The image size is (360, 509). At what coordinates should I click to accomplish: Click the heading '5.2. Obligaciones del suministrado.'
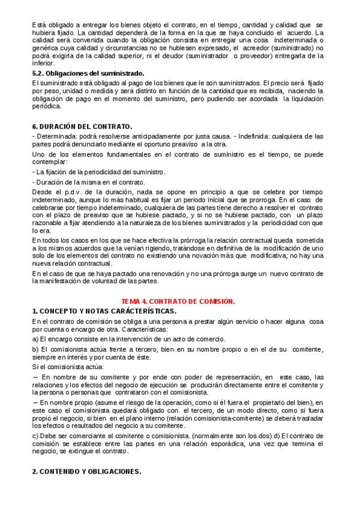tap(88, 73)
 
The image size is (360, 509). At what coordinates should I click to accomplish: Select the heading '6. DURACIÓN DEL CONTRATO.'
tap(82, 127)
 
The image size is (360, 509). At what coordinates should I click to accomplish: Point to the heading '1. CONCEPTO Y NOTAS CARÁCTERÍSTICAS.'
tap(104, 311)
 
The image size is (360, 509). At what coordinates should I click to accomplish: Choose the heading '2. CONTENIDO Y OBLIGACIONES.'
tap(86, 471)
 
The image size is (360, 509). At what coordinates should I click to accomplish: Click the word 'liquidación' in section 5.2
tap(305, 98)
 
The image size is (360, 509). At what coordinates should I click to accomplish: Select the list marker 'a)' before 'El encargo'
tap(36, 340)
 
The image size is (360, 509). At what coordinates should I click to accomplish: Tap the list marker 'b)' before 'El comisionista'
tap(36, 349)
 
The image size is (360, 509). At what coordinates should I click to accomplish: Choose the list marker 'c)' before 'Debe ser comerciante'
tap(36, 435)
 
